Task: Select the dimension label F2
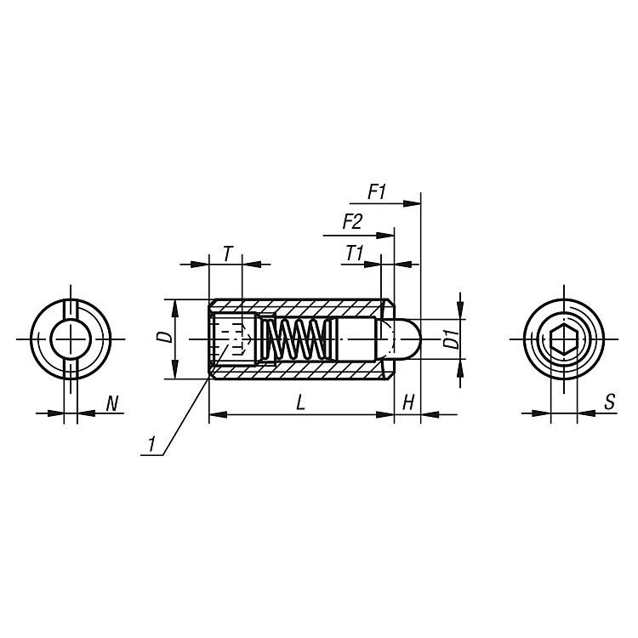[351, 222]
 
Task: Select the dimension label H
[408, 403]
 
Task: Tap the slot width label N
[111, 403]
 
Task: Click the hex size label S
[610, 403]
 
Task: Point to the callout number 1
[151, 443]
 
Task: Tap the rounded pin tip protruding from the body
[408, 339]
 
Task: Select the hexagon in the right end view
[563, 339]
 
